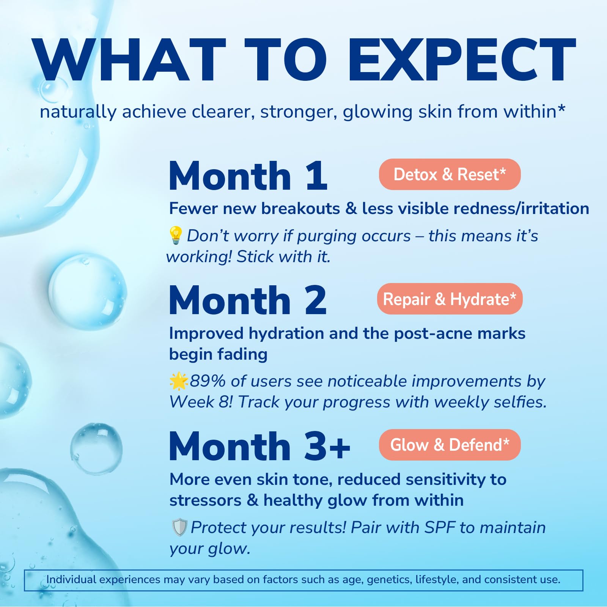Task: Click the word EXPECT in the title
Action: [x=462, y=60]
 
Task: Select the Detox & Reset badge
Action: [x=450, y=175]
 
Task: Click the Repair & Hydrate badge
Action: [x=450, y=299]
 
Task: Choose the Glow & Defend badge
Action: [x=450, y=445]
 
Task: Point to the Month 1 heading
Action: [x=248, y=176]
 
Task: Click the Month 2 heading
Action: [x=247, y=300]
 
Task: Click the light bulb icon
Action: [x=175, y=235]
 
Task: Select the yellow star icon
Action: [x=179, y=381]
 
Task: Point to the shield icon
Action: [x=179, y=527]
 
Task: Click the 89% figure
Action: [x=208, y=381]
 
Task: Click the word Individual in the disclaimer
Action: [x=71, y=580]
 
